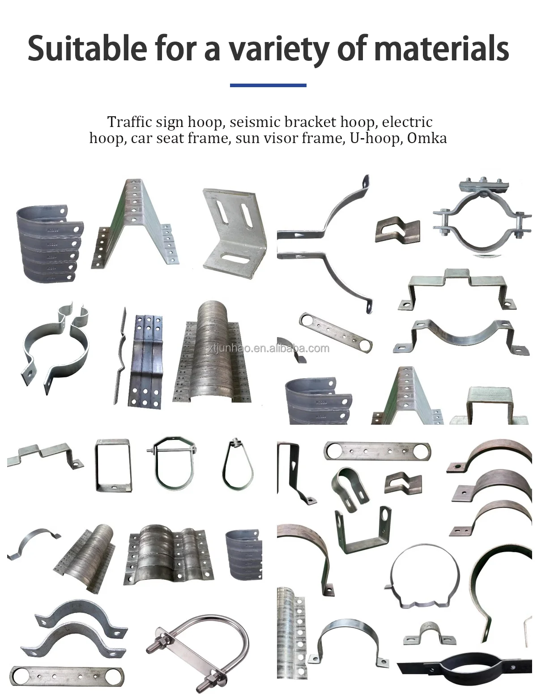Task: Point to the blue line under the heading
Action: [x=268, y=85]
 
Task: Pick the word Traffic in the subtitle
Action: [x=127, y=122]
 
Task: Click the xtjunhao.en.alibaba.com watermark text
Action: [x=268, y=348]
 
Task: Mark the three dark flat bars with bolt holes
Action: [x=145, y=361]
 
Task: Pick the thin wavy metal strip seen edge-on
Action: [x=120, y=355]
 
